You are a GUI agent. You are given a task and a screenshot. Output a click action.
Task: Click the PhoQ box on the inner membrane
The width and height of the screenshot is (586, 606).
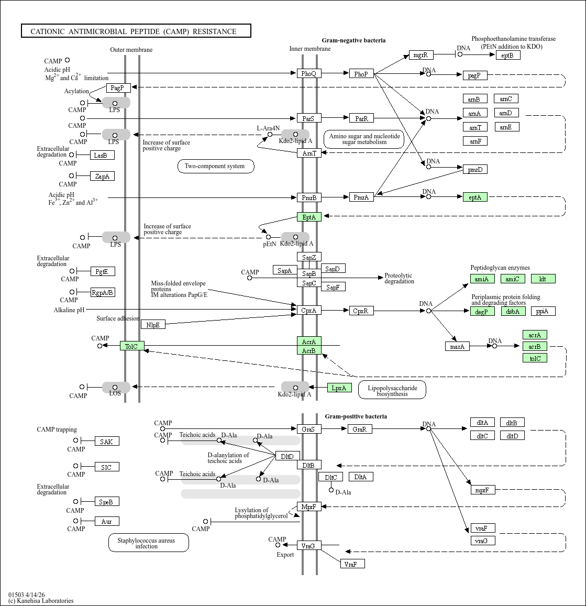coord(309,74)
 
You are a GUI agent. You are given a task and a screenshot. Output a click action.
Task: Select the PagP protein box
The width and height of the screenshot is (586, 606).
coord(118,88)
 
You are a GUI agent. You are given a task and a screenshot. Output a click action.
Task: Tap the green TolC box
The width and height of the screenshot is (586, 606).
coord(131,346)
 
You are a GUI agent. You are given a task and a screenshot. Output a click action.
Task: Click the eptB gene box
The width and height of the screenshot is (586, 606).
coord(507,55)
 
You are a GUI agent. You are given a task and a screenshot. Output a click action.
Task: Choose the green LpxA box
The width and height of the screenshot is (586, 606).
coord(339,388)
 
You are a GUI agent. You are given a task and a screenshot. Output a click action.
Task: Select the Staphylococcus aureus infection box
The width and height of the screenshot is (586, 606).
coord(148,543)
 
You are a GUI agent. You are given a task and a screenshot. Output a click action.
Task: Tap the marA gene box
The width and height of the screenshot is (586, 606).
coord(457,346)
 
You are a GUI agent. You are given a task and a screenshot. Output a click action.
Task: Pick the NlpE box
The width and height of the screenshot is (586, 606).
coord(153,325)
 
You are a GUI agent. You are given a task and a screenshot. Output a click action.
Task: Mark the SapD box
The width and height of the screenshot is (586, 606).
coord(333,269)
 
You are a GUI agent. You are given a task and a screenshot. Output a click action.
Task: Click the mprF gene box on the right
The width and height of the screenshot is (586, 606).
coord(482,490)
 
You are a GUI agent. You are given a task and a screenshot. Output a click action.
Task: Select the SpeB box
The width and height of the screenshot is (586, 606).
coord(106,502)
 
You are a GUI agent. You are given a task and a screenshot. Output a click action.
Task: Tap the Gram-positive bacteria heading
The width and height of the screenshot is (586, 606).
coord(356,416)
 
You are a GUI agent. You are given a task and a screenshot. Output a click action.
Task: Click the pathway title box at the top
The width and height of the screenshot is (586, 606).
coord(136,31)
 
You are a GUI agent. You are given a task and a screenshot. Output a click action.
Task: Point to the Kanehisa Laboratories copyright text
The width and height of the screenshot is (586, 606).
coord(41,601)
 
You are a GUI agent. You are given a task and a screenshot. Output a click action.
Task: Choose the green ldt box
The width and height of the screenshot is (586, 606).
coord(543,279)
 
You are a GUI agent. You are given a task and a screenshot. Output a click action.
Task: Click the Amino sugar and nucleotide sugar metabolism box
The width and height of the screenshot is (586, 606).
coord(364,139)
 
